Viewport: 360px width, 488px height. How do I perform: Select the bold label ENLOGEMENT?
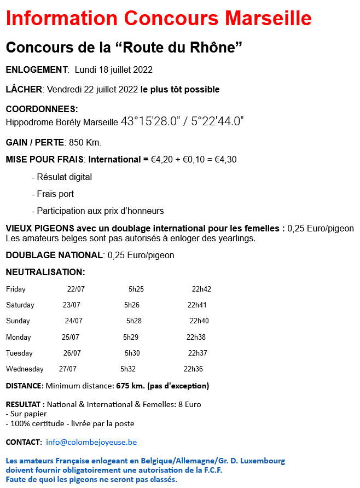click(36, 69)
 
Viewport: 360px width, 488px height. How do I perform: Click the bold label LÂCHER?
click(24, 89)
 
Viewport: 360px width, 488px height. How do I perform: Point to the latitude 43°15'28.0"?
click(150, 121)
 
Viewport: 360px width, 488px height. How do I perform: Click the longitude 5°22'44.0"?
click(217, 121)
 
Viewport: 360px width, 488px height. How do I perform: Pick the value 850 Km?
click(85, 142)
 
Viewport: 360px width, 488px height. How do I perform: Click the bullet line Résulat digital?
click(62, 177)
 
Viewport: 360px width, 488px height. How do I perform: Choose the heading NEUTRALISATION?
click(45, 272)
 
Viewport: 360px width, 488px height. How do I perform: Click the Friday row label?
click(15, 289)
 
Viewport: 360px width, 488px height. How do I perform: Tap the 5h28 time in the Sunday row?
click(134, 321)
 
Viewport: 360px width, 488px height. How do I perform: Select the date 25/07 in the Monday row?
click(71, 337)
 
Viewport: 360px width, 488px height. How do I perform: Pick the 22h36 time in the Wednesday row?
click(193, 369)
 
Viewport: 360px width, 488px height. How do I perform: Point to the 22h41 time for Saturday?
click(197, 305)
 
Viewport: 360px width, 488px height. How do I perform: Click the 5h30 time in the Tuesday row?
click(132, 353)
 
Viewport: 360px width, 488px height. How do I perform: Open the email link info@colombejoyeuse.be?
click(91, 441)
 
